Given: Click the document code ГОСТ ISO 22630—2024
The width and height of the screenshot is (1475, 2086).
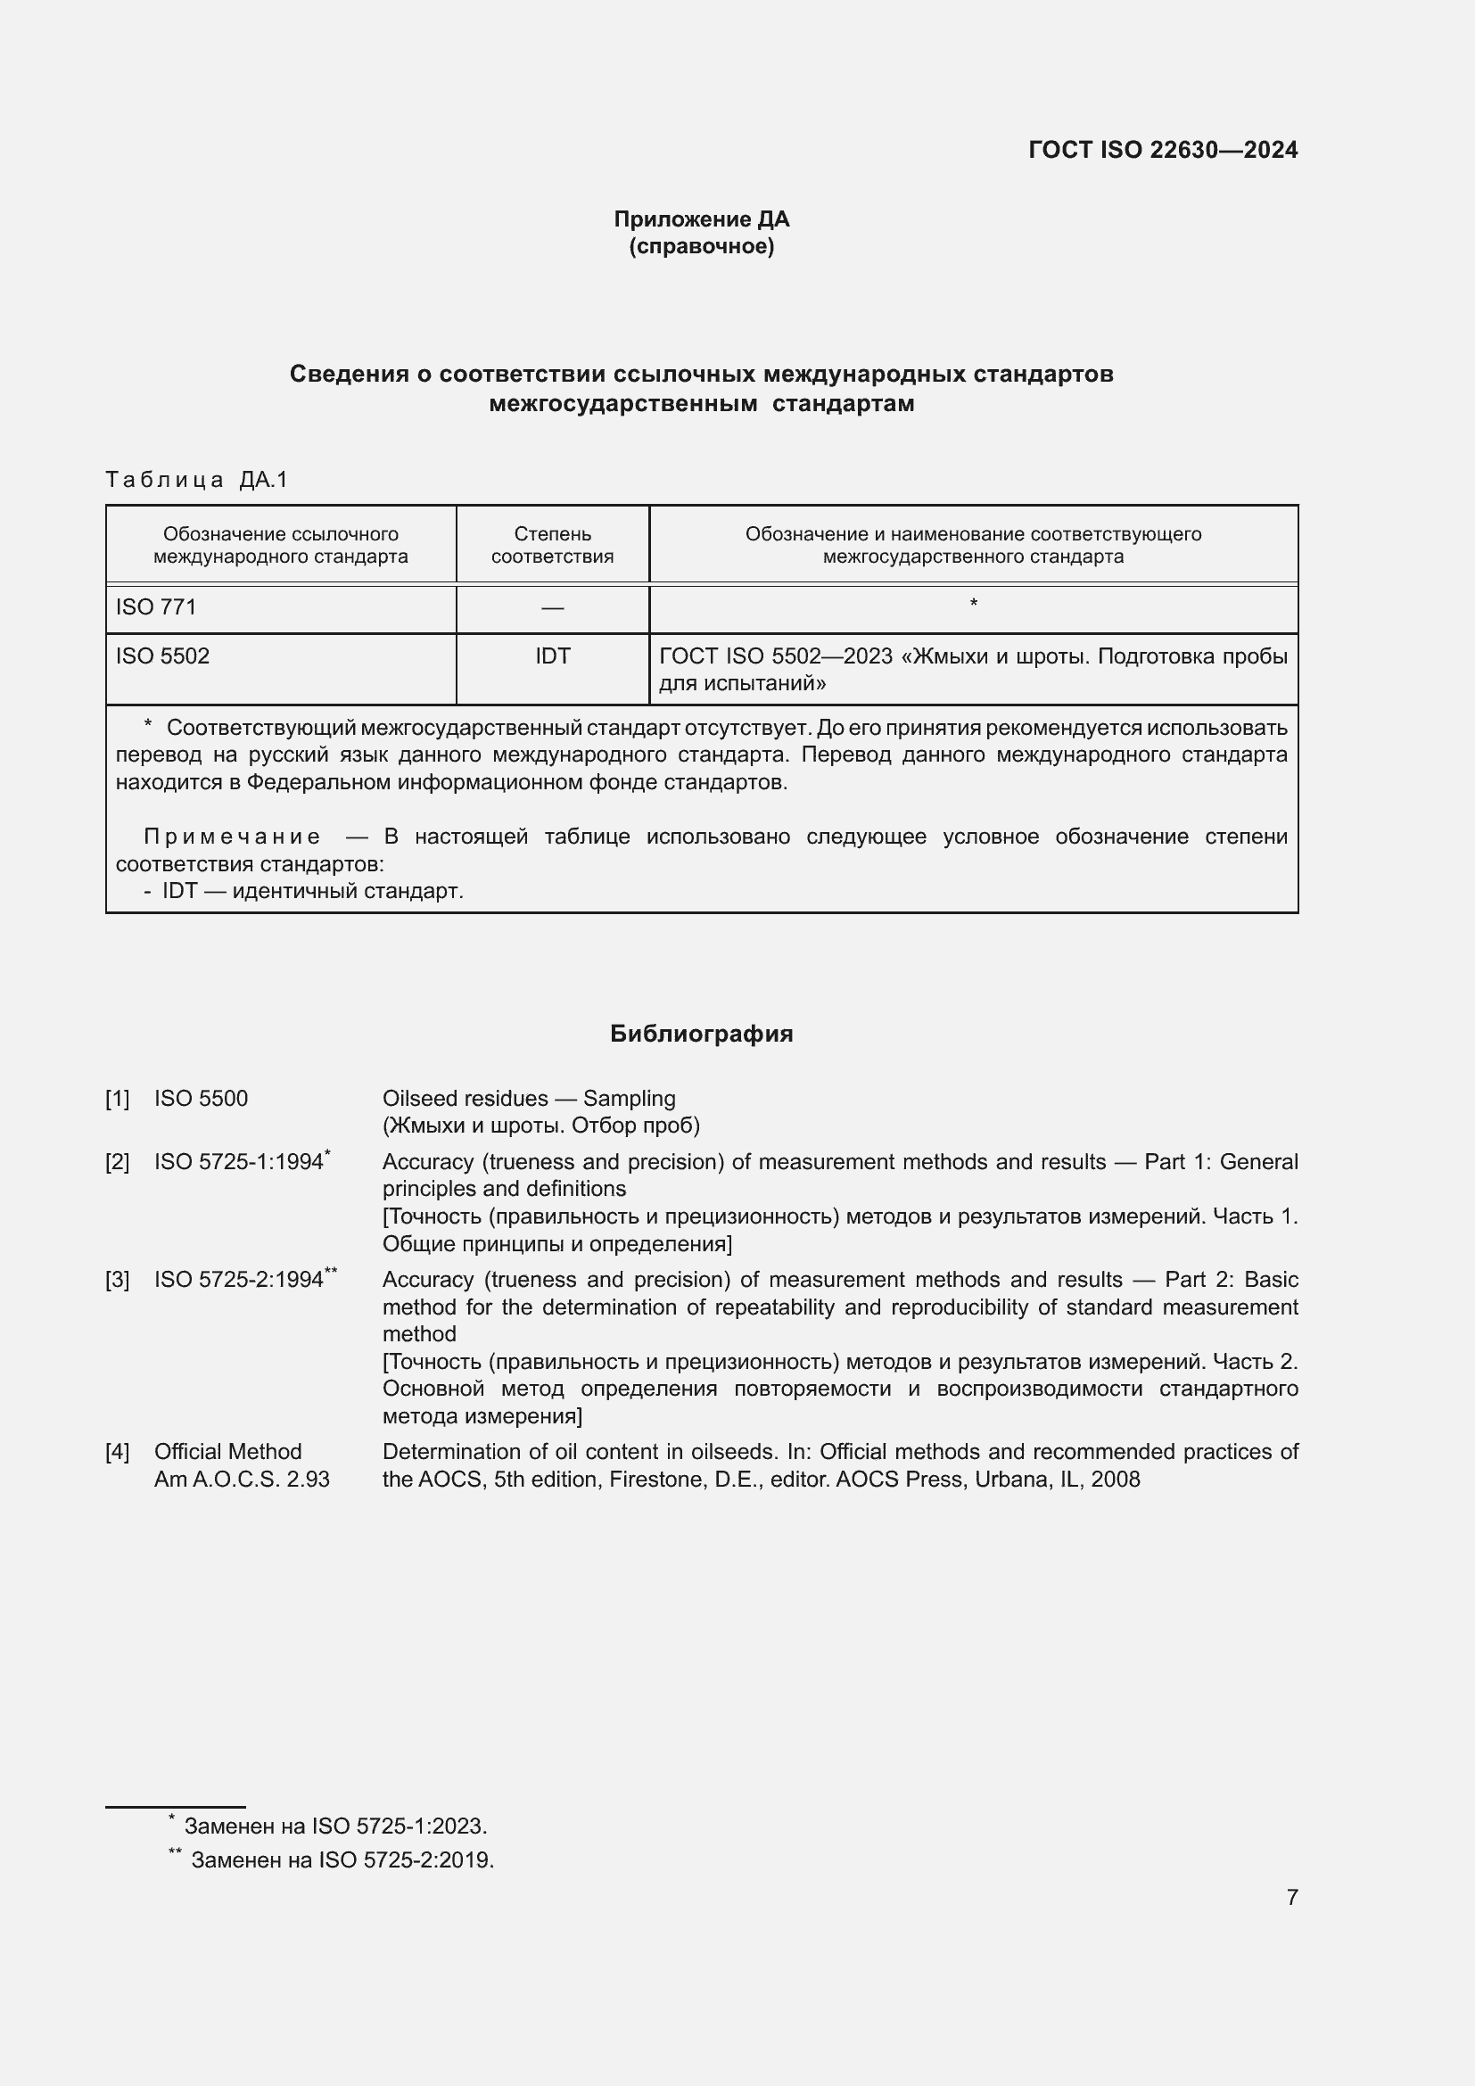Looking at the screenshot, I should (1163, 150).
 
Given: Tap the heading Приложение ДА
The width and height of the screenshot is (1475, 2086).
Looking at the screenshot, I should (701, 219).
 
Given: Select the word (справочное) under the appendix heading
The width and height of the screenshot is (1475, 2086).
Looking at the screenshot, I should (701, 246).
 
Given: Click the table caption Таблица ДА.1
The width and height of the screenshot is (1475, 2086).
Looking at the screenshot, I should (196, 480).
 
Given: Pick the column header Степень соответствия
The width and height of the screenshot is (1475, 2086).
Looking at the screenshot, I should (552, 544).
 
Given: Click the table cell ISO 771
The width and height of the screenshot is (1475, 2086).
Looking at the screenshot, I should (156, 607).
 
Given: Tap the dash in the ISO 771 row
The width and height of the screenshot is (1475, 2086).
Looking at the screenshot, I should (552, 608).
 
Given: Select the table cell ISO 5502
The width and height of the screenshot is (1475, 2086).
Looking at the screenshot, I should (162, 656).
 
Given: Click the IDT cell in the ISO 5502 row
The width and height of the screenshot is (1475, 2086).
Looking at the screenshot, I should (552, 656).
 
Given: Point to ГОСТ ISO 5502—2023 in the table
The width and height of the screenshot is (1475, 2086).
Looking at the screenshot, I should (776, 656).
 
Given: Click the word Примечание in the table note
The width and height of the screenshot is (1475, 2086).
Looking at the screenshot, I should (232, 836).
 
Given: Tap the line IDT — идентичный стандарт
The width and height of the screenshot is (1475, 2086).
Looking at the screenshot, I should (312, 890).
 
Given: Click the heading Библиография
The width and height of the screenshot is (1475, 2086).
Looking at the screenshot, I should (701, 1034).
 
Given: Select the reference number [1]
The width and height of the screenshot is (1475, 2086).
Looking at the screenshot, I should (117, 1099).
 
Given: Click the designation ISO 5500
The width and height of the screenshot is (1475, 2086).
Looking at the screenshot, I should (201, 1099).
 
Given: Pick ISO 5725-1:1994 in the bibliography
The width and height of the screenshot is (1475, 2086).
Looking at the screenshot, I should (239, 1162).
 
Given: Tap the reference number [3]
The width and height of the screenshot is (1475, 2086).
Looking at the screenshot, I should (117, 1280).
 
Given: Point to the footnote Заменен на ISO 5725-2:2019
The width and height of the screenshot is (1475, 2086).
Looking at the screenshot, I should (342, 1859).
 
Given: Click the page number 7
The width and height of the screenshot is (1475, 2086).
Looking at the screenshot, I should (1291, 1897).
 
